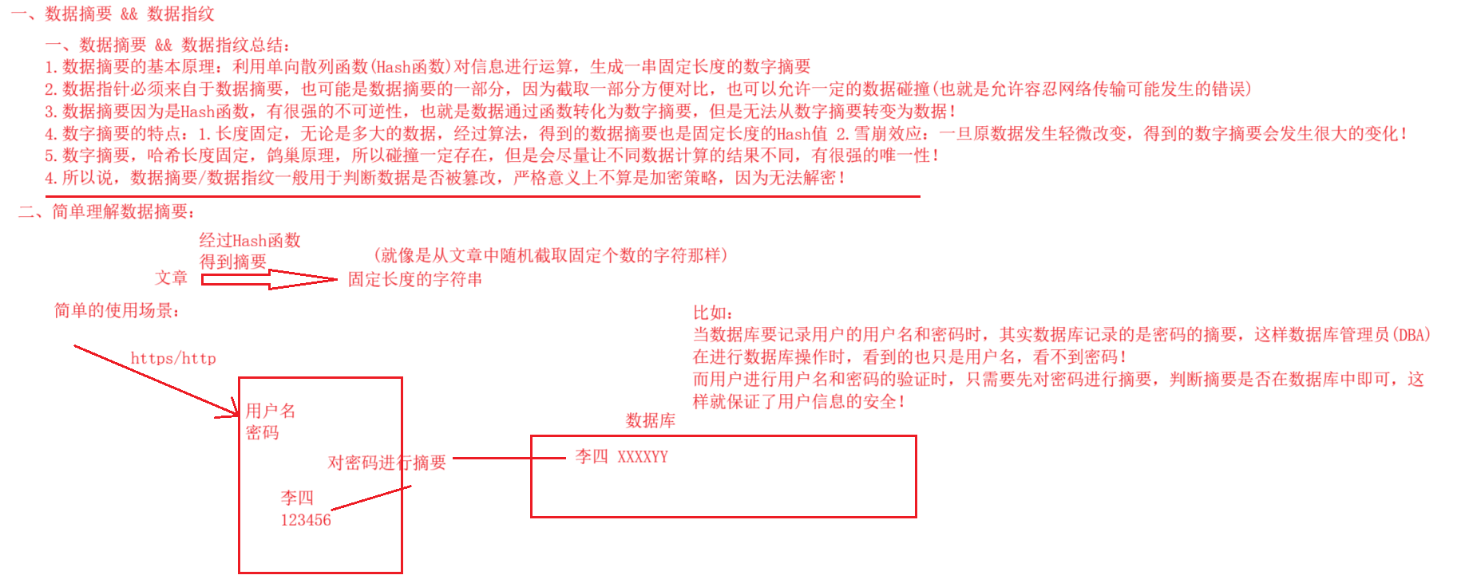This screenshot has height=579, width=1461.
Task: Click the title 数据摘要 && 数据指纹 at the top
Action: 129,14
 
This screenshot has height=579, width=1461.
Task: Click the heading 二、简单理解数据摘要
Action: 107,211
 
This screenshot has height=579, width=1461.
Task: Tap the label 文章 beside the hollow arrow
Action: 171,278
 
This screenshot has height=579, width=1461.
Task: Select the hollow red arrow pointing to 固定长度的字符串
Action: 269,279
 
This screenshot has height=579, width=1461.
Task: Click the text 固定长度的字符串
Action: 414,279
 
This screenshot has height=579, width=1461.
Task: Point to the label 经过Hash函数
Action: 250,240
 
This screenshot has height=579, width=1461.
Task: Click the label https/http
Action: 173,358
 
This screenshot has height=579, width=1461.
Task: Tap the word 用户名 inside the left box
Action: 271,411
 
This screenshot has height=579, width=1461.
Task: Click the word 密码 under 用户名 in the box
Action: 263,432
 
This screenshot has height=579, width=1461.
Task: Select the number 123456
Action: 305,520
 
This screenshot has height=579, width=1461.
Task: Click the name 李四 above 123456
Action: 297,498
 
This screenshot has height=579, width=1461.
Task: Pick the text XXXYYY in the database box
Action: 643,457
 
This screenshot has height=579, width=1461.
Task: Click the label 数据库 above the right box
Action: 651,420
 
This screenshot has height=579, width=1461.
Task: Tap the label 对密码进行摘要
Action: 386,463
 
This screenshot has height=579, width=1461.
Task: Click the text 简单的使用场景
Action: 117,310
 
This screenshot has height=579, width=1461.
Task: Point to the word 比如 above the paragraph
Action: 712,313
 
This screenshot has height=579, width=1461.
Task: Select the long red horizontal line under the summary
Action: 482,195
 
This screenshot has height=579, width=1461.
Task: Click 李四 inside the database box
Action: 592,456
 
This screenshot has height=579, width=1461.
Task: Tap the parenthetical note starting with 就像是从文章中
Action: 550,255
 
